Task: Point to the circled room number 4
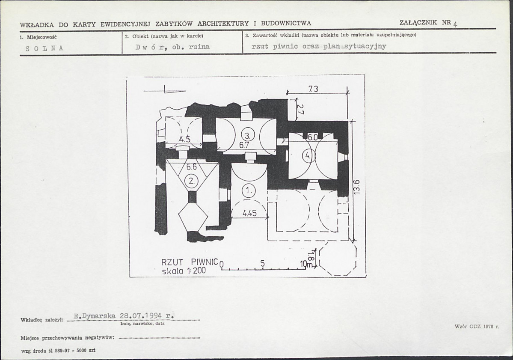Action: pos(308,156)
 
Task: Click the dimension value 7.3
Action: pos(313,89)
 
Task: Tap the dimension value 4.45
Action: pos(249,213)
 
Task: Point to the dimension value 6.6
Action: pos(191,167)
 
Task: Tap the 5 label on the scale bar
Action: pos(262,263)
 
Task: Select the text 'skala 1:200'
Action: pos(184,271)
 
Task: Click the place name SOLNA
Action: pos(44,48)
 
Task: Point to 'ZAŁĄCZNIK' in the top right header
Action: pos(418,22)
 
